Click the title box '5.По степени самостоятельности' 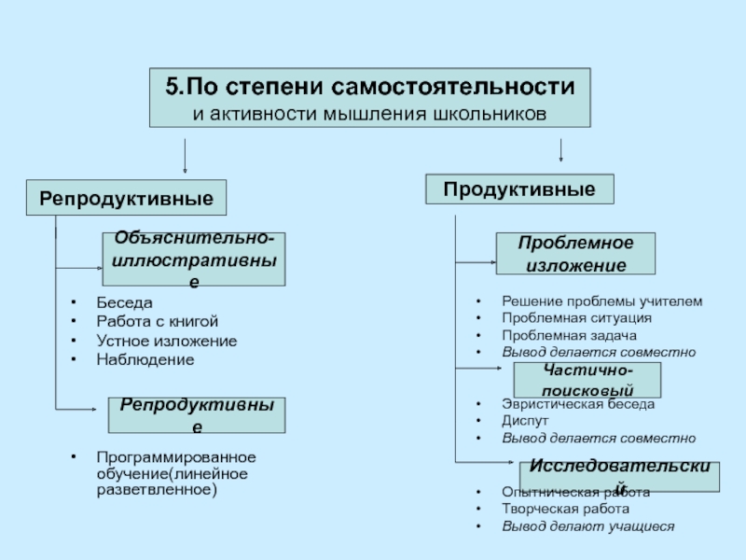coord(369,97)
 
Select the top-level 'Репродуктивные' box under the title coord(125,198)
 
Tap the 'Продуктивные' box coord(519,189)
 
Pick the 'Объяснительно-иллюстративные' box coord(193,259)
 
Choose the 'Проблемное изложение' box coord(574,254)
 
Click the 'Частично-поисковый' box coord(587,380)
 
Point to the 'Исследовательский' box coord(619,475)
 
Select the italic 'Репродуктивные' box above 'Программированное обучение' coord(196,414)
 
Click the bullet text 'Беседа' coord(124,303)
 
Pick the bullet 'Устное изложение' coord(166,341)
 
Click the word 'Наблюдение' coord(145,359)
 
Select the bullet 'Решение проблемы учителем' coord(601,301)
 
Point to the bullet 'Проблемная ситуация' coord(576,318)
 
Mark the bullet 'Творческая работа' coord(565,510)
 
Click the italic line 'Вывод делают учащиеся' coord(587,526)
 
